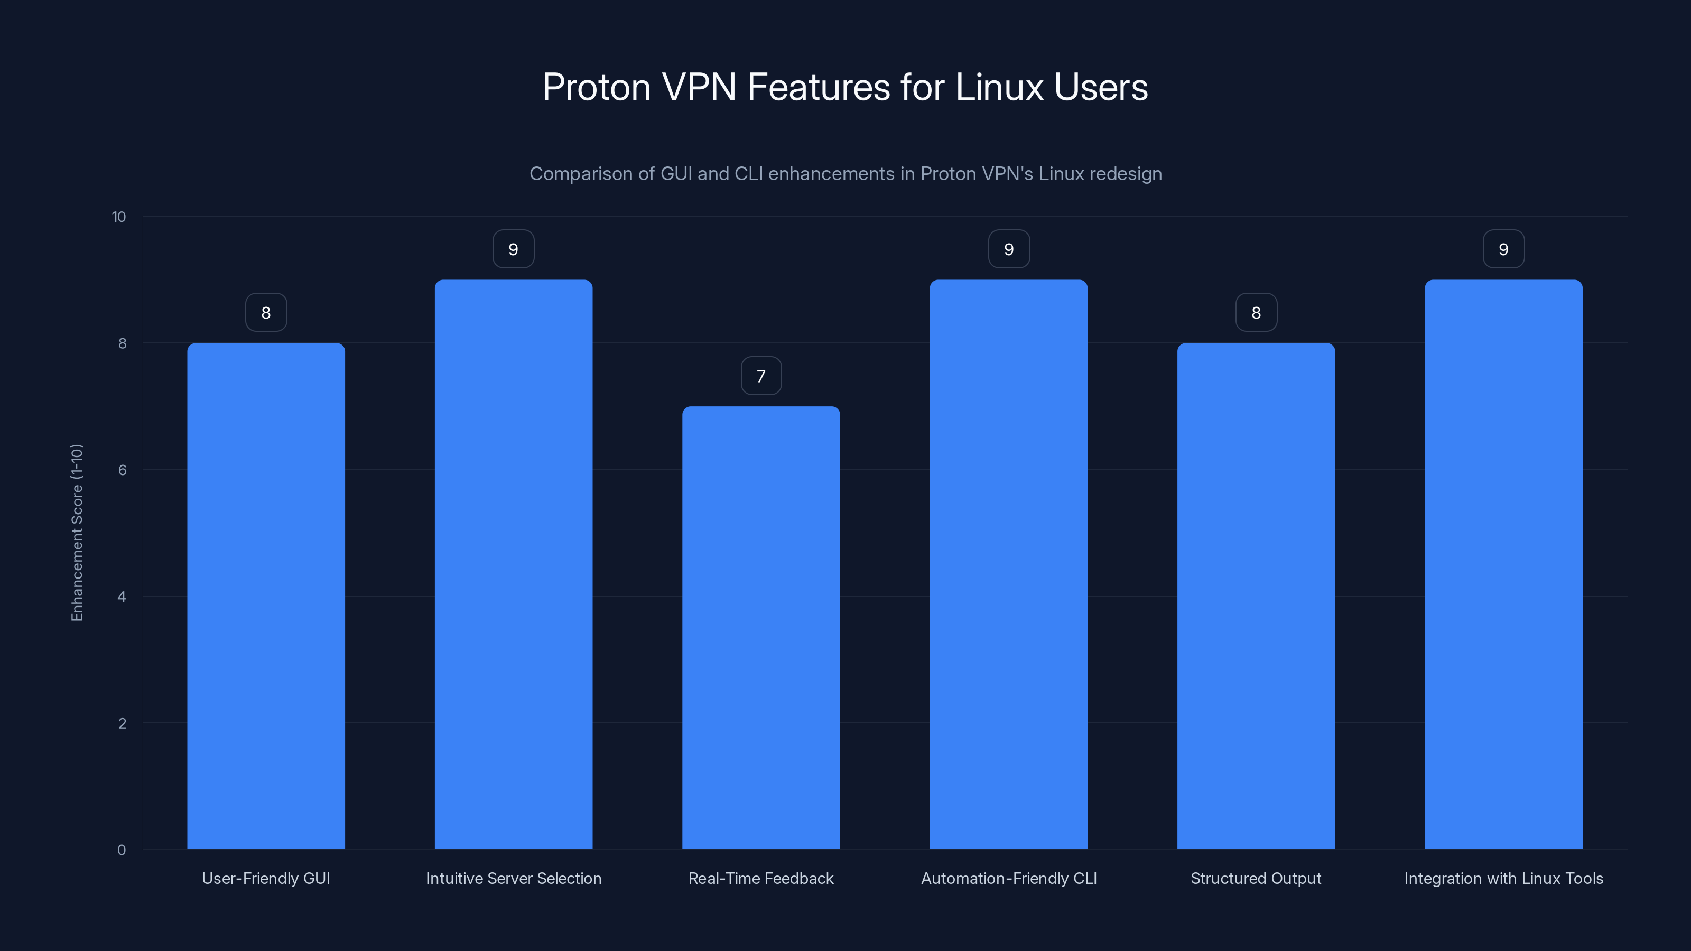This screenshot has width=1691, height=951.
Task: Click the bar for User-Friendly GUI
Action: tap(266, 596)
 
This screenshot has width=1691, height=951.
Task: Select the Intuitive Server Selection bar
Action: tap(513, 564)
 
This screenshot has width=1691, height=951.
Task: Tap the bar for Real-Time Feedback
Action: tap(761, 628)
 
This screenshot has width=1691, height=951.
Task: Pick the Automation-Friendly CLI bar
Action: tap(1008, 564)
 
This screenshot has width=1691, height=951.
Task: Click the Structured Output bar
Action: tap(1256, 596)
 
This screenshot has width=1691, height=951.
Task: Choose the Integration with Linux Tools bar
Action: tap(1503, 564)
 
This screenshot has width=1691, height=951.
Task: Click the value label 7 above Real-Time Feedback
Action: tap(761, 376)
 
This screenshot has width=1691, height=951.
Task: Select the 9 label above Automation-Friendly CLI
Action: tap(1009, 249)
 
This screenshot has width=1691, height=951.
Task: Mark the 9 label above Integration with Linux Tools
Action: tap(1503, 249)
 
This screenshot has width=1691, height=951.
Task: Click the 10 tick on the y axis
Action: tap(119, 217)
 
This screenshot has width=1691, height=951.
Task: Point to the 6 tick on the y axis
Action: tap(122, 470)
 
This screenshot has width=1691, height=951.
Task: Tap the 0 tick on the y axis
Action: tap(122, 850)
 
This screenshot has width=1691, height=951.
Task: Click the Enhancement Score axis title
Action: tap(77, 532)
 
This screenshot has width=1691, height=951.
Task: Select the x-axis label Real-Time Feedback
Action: tap(761, 878)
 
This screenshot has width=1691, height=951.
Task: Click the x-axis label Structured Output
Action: tap(1256, 878)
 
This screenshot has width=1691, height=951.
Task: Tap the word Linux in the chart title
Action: tap(999, 87)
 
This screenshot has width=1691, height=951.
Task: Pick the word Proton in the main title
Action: tap(596, 87)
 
